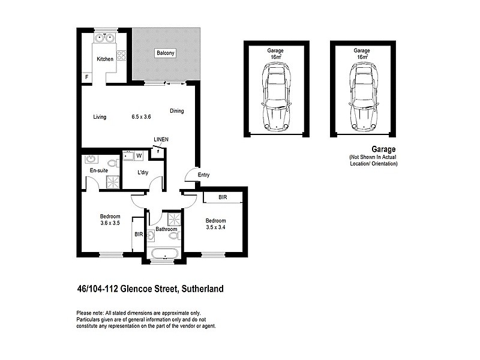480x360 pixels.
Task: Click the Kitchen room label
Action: tap(105, 59)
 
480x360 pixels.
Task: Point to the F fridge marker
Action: tap(86, 77)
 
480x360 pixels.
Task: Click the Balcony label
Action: tap(165, 53)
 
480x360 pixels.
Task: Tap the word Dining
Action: tap(176, 111)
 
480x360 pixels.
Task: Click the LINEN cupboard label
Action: tap(161, 140)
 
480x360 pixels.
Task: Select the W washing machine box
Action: tap(139, 156)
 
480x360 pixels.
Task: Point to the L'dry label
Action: tap(143, 173)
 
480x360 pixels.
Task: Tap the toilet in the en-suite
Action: tap(112, 163)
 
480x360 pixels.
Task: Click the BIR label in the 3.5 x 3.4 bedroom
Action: tap(222, 197)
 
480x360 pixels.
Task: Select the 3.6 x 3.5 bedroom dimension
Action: tap(110, 223)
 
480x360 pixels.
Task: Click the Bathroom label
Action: tap(166, 229)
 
